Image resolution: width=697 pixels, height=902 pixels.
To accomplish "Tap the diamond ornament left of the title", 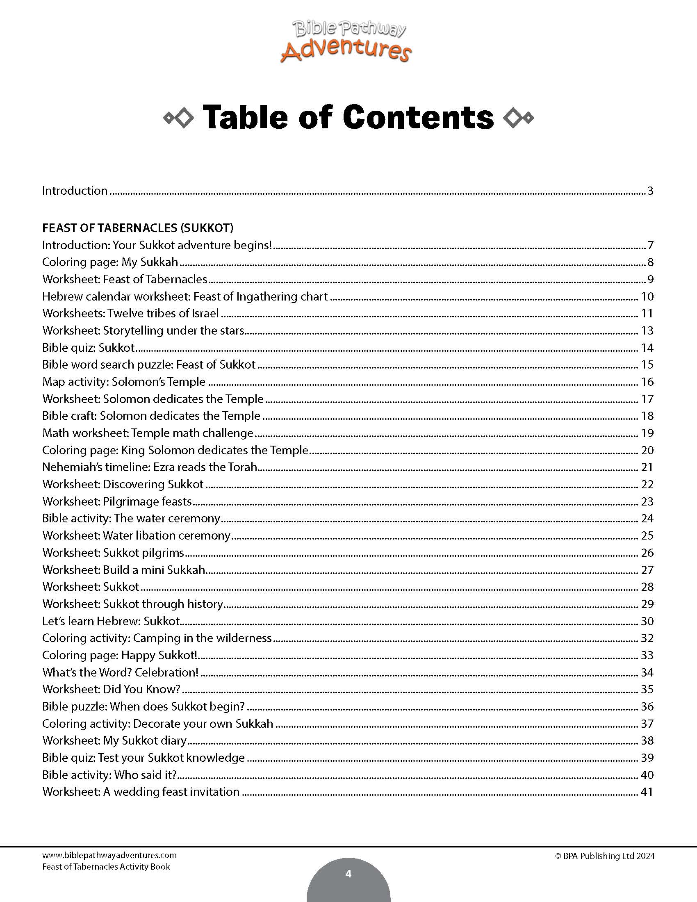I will pos(178,118).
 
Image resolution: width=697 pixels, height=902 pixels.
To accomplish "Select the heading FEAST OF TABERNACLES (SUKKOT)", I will pos(137,228).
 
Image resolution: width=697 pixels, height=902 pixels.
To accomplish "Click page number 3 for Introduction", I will pos(650,191).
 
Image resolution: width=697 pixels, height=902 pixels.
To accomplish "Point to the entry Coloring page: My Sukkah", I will pos(110,262).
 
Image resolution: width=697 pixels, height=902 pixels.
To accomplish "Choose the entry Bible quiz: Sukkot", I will pos(89,347).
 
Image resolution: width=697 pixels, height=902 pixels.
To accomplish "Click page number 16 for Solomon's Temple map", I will pos(647,382).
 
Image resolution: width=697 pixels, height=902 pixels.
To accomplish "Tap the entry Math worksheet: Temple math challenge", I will pos(148,433).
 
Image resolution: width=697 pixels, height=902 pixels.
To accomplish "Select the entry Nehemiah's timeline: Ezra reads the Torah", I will pos(150,467).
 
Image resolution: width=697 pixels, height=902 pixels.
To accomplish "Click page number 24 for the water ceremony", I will pos(647,518).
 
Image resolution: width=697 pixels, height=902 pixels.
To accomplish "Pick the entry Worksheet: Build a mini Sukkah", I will pos(124,570).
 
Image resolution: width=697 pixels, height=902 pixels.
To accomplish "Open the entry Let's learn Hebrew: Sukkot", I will pos(111,621).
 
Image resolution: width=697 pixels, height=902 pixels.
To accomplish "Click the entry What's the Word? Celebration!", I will pos(120,672).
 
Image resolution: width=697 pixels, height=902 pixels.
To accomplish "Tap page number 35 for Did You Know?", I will pos(647,689).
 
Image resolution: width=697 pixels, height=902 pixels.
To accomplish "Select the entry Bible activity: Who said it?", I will pos(109,775).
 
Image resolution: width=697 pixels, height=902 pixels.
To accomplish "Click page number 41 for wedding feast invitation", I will pos(647,792).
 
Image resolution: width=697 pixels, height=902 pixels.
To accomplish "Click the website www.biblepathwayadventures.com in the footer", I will pos(109,855).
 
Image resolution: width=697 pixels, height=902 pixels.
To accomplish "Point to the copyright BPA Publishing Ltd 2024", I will pos(605,856).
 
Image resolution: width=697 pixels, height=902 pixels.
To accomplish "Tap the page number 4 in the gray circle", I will pos(348,874).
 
